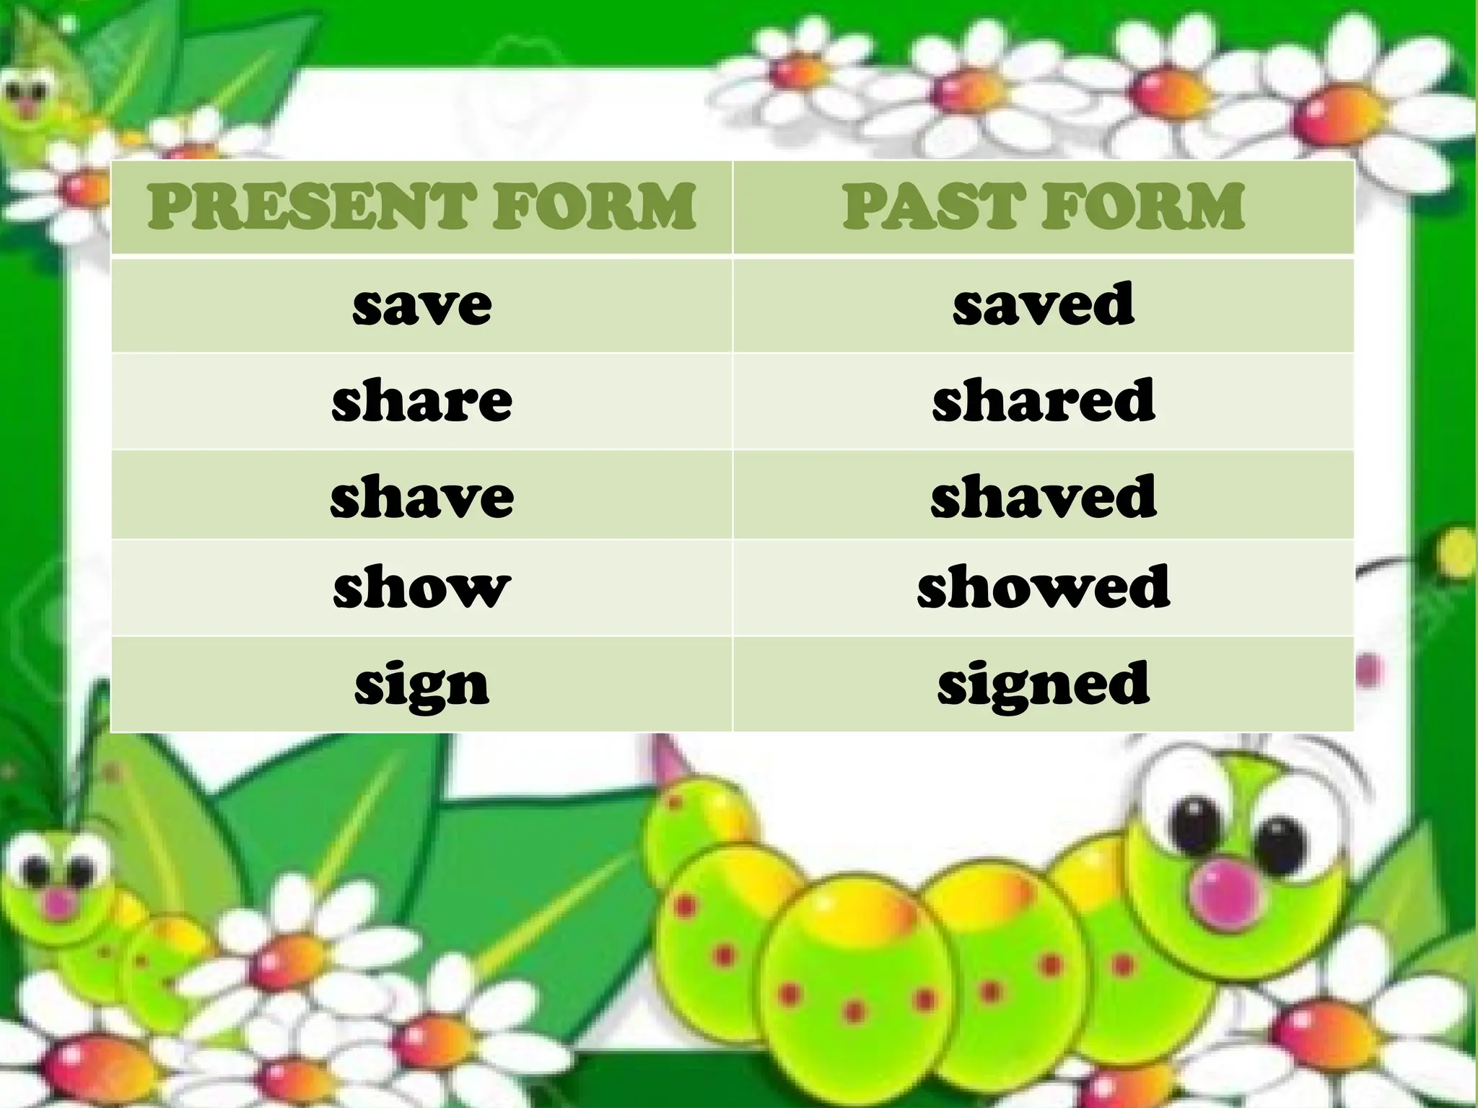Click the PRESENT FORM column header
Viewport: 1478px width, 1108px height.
pyautogui.click(x=422, y=207)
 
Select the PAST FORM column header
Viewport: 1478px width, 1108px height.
pyautogui.click(x=1044, y=207)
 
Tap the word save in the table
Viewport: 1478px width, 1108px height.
pyautogui.click(x=422, y=305)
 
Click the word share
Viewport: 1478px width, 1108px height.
pyautogui.click(x=422, y=400)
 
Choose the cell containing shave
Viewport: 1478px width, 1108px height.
pyautogui.click(x=422, y=496)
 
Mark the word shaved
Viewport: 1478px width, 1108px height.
pyautogui.click(x=1044, y=496)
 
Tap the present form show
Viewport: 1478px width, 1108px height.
pyautogui.click(x=422, y=587)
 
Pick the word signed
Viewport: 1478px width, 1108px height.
pyautogui.click(x=1044, y=684)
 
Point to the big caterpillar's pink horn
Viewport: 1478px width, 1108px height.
pyautogui.click(x=668, y=761)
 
